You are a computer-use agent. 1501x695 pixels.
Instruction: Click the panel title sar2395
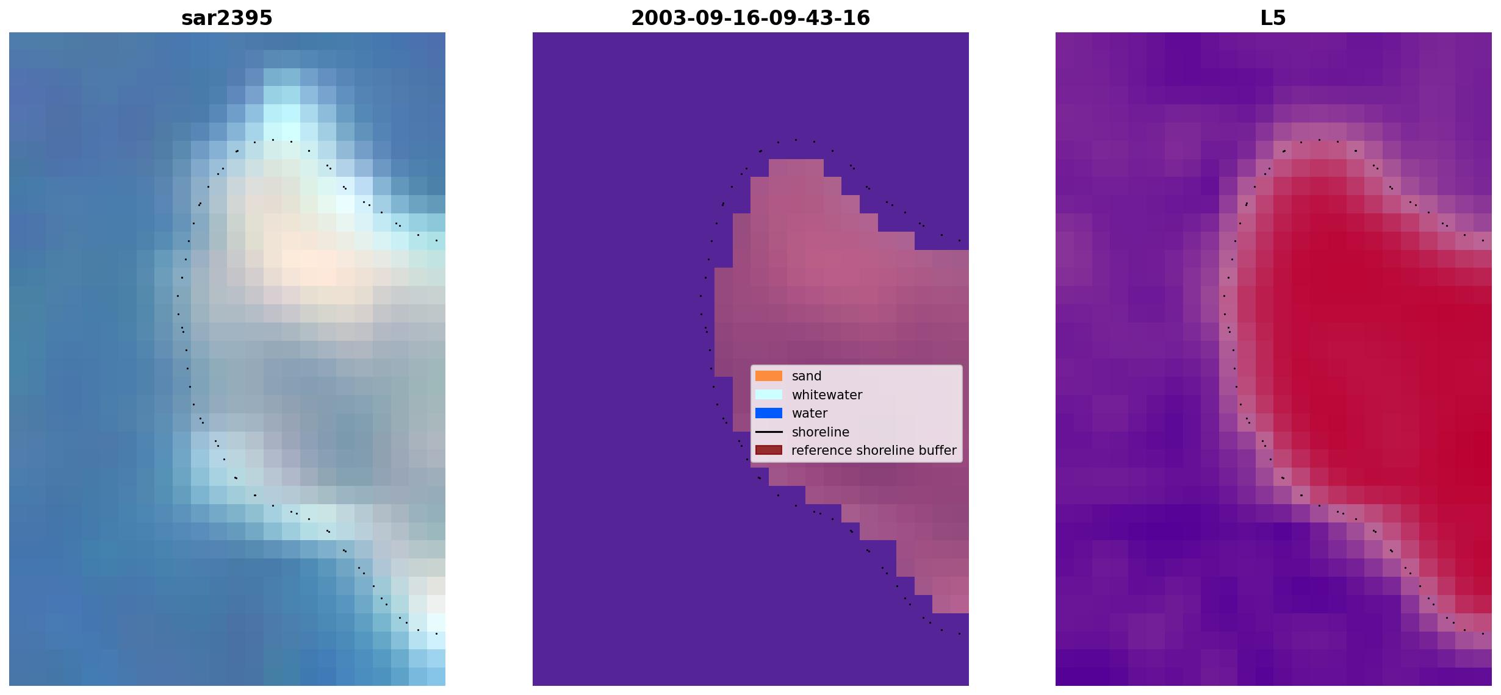[227, 18]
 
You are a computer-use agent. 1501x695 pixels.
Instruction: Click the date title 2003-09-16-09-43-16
[750, 18]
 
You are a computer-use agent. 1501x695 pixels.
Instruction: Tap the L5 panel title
[1273, 18]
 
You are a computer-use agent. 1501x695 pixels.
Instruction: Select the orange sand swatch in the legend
[769, 376]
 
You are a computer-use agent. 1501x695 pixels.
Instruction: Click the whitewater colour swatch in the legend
[769, 394]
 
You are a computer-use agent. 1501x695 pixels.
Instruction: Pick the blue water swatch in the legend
[769, 413]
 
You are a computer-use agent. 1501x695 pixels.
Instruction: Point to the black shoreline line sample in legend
[769, 432]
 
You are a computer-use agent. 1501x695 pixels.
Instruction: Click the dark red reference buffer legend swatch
[769, 451]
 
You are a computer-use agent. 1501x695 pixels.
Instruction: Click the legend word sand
[807, 376]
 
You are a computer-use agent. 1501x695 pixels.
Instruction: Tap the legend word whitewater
[827, 395]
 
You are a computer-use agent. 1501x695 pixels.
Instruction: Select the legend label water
[810, 413]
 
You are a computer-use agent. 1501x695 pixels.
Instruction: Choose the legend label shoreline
[821, 432]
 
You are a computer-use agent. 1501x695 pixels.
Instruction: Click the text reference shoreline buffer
[874, 451]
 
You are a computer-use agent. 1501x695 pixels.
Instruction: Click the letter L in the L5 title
[1266, 18]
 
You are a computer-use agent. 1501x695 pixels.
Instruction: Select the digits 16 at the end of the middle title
[858, 18]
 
